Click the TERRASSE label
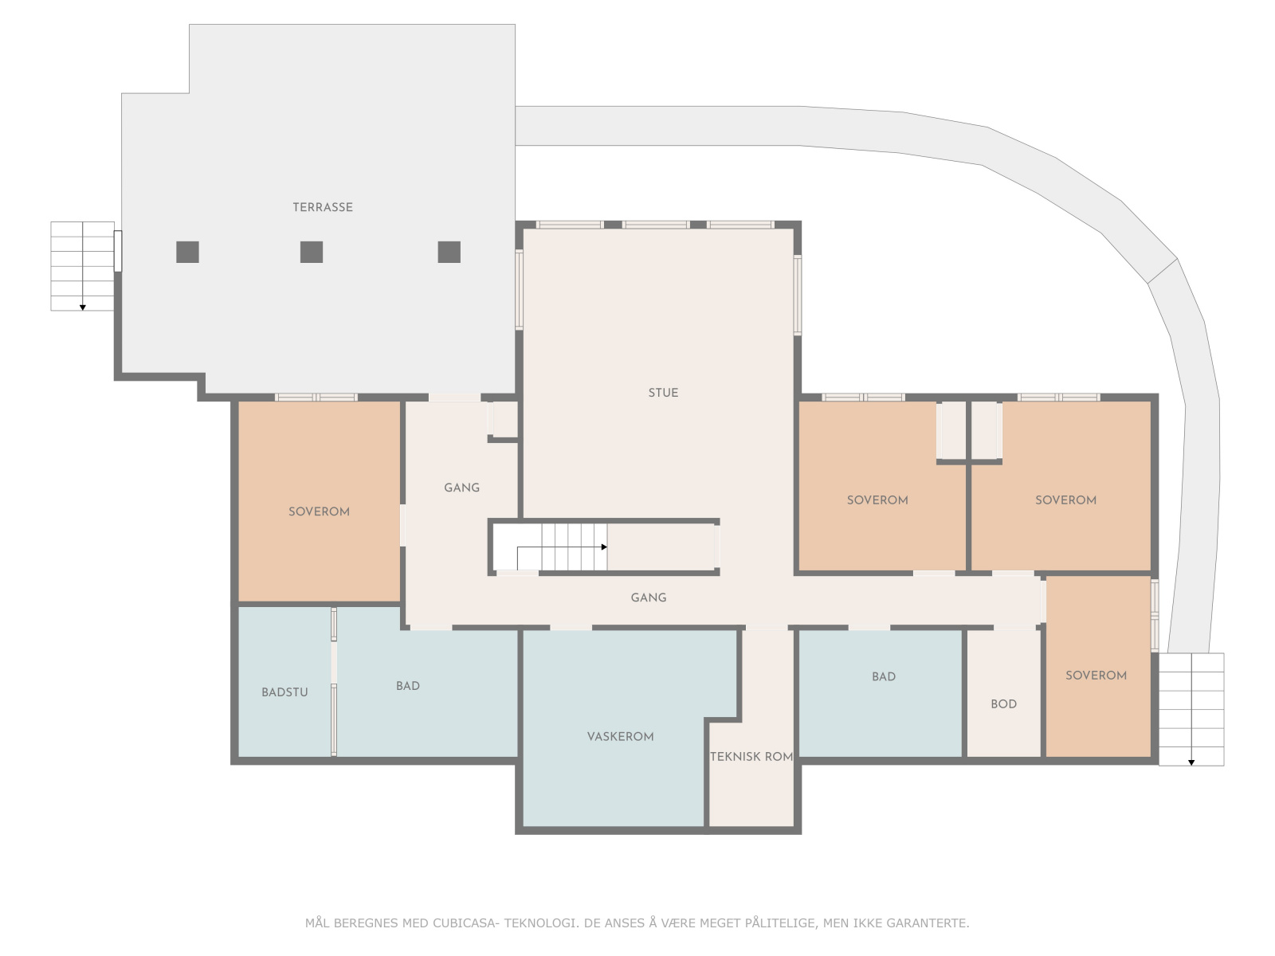tap(322, 207)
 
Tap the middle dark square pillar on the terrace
tap(312, 252)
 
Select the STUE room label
tap(663, 393)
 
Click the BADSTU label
tap(284, 692)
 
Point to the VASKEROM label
tap(620, 737)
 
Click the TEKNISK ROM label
tap(751, 757)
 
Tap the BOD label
tap(1003, 704)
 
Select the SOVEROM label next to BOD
tap(1096, 676)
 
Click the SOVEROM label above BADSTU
tap(319, 511)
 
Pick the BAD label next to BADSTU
tap(407, 686)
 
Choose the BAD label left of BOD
tap(883, 677)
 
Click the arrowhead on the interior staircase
tap(604, 547)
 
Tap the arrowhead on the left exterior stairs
tap(82, 308)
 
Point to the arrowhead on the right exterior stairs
tap(1191, 763)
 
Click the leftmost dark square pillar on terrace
tap(187, 252)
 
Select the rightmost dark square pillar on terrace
tap(449, 252)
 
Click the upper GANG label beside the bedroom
tap(461, 488)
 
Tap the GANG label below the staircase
tap(648, 597)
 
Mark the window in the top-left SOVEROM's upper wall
tap(316, 397)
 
